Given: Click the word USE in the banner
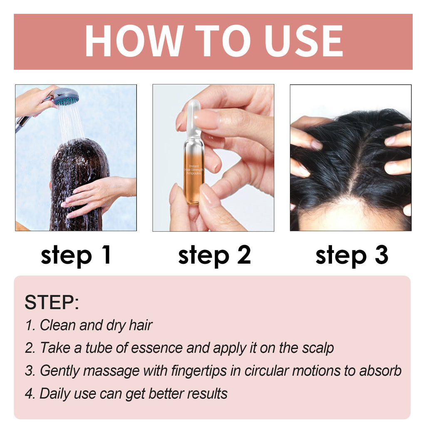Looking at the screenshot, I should [303, 41].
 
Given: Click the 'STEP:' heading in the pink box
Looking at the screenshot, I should [52, 302].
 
